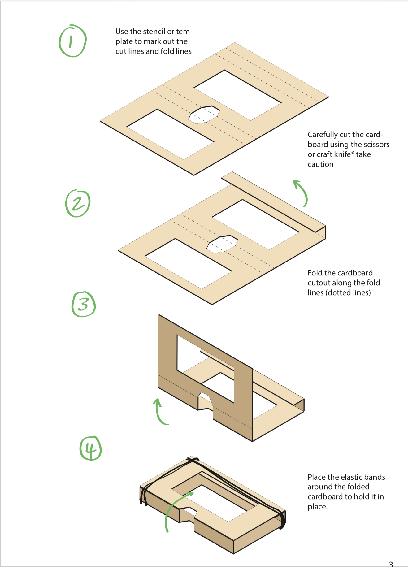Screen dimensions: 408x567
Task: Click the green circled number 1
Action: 72,41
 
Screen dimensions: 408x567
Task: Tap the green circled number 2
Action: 78,203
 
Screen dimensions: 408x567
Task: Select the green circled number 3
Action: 84,304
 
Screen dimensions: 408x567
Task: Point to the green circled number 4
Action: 90,448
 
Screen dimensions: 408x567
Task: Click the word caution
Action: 320,164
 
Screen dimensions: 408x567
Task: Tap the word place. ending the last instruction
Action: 318,507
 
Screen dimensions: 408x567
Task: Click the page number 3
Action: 391,564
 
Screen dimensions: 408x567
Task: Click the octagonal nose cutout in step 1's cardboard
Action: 204,115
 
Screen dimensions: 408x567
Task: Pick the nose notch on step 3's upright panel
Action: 205,401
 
